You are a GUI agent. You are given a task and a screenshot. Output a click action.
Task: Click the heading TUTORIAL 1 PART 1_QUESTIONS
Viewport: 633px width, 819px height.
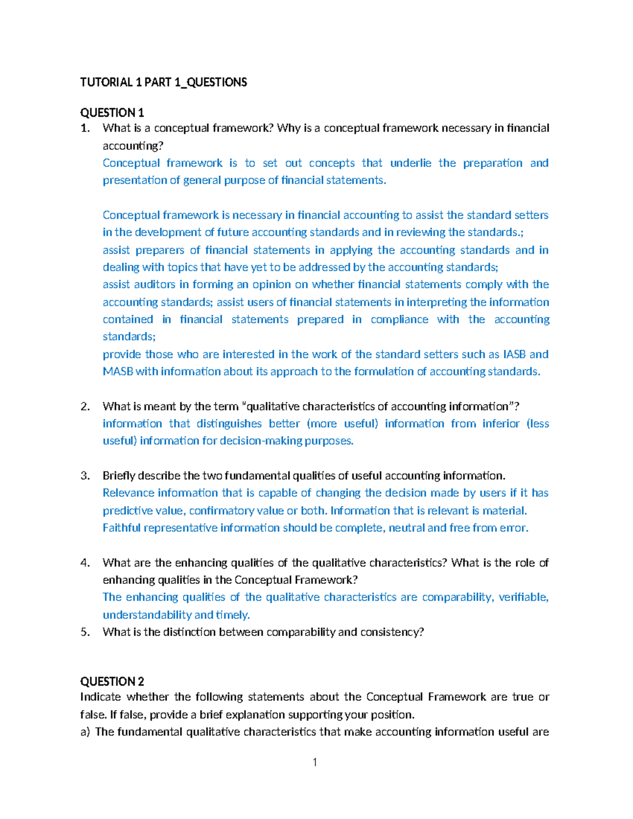[164, 82]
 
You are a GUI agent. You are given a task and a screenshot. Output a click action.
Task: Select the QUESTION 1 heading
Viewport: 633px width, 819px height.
[112, 113]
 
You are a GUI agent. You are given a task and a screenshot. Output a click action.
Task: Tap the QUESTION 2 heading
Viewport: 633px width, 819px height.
[112, 681]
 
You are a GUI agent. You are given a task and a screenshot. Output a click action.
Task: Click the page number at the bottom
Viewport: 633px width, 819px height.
[315, 762]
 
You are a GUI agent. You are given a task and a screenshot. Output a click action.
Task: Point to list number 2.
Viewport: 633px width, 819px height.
[85, 407]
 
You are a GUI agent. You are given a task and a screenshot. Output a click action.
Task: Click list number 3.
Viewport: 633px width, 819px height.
[85, 476]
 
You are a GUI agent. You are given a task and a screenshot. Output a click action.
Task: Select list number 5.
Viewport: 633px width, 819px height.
[85, 632]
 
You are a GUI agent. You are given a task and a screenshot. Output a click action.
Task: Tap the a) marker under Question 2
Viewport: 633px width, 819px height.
[85, 732]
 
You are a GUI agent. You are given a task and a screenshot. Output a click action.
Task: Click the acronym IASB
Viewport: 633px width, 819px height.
[514, 354]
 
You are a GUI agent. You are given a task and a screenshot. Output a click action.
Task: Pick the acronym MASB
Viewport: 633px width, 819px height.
[118, 372]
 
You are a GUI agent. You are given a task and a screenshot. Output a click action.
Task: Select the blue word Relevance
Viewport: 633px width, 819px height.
[128, 493]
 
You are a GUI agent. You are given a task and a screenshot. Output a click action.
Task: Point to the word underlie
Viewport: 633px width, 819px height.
[410, 163]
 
